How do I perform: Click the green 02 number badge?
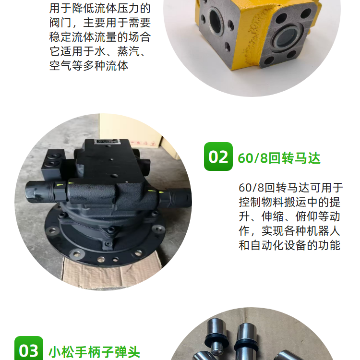[218, 156]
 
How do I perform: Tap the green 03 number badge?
[29, 348]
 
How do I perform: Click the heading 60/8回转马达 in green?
[279, 158]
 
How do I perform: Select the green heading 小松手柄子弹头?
[95, 352]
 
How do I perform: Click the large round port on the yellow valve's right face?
[287, 38]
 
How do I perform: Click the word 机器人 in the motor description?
[323, 231]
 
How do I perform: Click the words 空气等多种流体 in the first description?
[89, 66]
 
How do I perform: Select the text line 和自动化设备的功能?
[289, 245]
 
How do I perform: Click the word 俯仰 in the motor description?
[307, 216]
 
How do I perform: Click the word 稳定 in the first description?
[60, 37]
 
